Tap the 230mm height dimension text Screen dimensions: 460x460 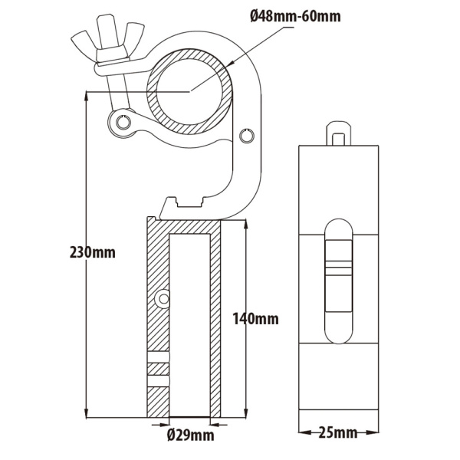point(92,251)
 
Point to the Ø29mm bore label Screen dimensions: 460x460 point(189,436)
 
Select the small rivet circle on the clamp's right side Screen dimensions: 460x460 point(245,136)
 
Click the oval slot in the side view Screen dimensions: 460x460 point(337,279)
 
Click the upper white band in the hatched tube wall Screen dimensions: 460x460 point(158,357)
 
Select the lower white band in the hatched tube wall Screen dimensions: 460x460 point(158,380)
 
